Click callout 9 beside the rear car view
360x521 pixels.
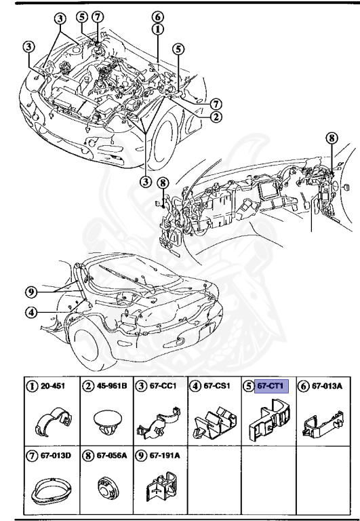click(x=29, y=293)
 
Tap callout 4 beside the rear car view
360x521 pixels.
click(x=29, y=313)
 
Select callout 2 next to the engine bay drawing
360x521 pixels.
click(x=216, y=116)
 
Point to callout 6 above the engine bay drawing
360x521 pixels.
click(x=157, y=17)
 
